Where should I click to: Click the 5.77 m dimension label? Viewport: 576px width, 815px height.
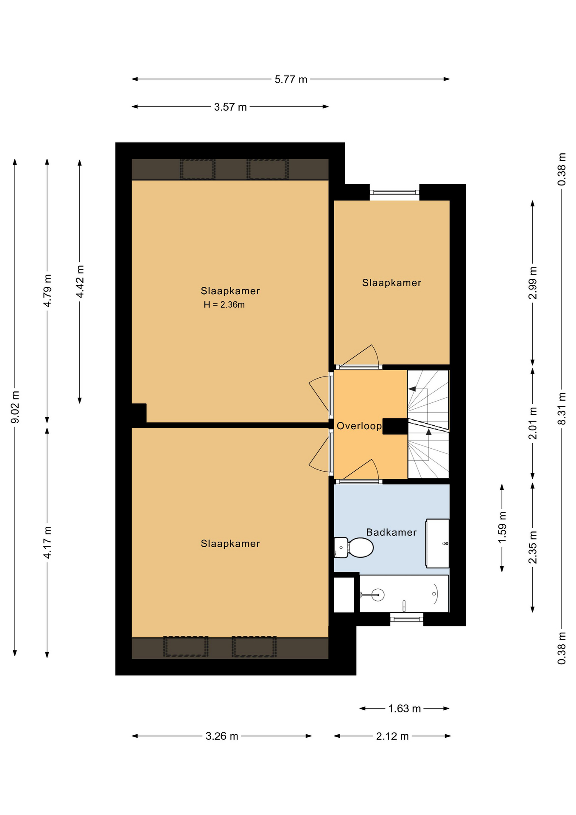click(291, 79)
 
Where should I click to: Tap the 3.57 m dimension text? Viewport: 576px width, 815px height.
click(230, 107)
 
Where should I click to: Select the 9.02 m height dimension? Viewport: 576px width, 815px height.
click(15, 407)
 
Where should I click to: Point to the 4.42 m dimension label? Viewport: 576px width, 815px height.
click(80, 281)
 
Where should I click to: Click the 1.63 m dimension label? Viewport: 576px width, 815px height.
click(405, 708)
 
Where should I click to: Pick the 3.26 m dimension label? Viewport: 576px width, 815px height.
click(222, 736)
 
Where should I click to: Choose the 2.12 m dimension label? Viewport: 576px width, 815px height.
click(392, 736)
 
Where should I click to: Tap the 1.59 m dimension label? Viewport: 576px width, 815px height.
click(502, 527)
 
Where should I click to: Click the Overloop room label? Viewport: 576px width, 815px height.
click(359, 426)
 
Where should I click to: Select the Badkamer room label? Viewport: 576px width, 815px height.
click(391, 532)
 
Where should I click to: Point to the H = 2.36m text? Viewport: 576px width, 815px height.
click(224, 304)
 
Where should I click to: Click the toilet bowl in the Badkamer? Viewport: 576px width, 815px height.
click(361, 548)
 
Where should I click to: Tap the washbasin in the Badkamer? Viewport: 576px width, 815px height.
click(437, 543)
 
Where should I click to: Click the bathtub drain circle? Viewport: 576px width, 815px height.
click(378, 595)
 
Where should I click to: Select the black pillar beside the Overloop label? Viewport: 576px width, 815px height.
click(395, 426)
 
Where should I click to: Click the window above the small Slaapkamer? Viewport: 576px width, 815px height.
click(394, 192)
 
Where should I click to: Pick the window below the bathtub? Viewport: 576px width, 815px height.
click(406, 619)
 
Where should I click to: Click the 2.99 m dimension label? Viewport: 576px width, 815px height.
click(533, 283)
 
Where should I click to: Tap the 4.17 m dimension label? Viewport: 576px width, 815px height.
click(48, 542)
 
